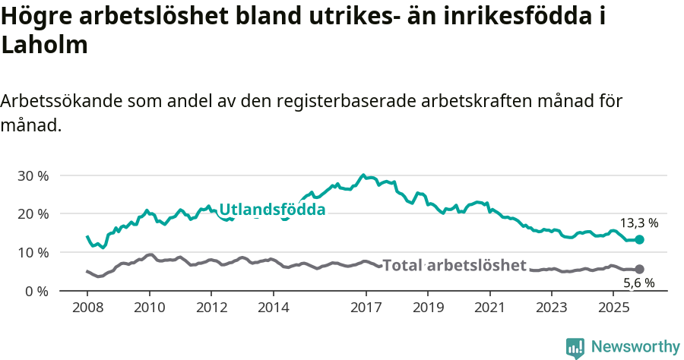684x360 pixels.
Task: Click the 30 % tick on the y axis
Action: click(x=32, y=175)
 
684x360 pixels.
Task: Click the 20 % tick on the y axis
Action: click(x=32, y=214)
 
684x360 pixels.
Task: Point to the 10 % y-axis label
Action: click(x=32, y=252)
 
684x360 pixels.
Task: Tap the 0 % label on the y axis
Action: click(x=36, y=291)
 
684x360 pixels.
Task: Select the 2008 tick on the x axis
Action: click(x=87, y=308)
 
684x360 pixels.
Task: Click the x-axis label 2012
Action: click(x=211, y=308)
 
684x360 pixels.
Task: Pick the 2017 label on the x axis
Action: click(x=366, y=308)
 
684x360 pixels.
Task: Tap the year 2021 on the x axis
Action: click(x=489, y=308)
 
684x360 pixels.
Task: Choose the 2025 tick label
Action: click(x=613, y=308)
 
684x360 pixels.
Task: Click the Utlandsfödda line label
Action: click(x=272, y=210)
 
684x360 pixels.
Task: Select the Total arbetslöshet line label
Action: click(x=454, y=265)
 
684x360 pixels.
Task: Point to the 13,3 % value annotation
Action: click(x=639, y=223)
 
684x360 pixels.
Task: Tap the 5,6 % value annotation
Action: click(x=639, y=283)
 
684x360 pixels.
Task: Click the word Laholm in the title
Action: click(x=45, y=45)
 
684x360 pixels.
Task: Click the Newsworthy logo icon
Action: click(x=575, y=347)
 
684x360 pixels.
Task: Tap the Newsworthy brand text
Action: click(x=635, y=347)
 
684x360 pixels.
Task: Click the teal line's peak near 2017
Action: click(x=363, y=175)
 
